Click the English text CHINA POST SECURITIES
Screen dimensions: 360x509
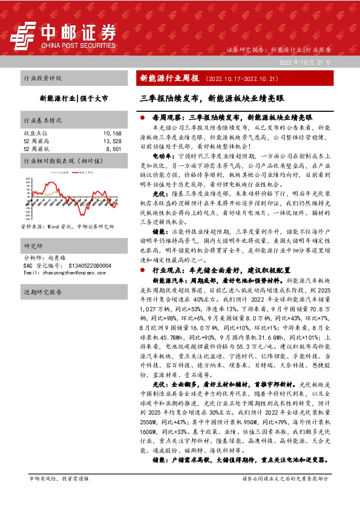[x=78, y=45]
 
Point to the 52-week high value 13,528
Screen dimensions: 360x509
[x=113, y=140]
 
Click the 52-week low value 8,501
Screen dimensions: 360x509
[x=114, y=148]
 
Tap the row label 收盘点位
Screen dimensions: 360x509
[x=34, y=132]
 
